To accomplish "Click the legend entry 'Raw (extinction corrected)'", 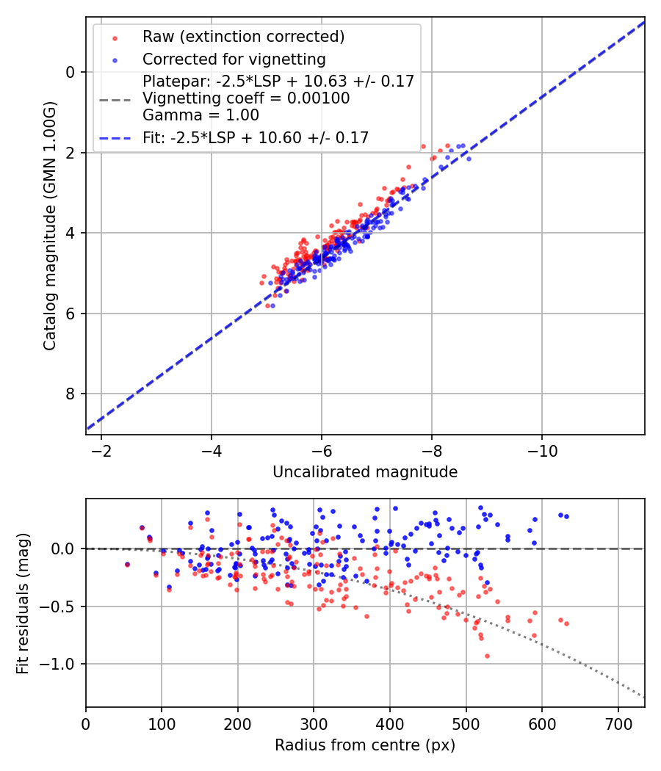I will click(243, 37).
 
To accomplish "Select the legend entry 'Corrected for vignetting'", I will click(234, 59).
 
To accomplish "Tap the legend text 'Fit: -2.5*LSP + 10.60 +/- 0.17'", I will click(256, 137).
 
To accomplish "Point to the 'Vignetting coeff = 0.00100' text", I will click(246, 98).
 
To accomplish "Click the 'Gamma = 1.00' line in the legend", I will click(201, 115).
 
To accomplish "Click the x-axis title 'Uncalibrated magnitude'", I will click(365, 472).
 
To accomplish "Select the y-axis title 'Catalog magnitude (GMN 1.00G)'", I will click(49, 226).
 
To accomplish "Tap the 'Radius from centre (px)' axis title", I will click(365, 745).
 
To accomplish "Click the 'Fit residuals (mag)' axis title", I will click(23, 603).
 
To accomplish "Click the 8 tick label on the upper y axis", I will click(71, 394).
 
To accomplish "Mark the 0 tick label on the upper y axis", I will click(71, 72).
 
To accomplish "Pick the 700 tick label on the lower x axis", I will click(618, 723).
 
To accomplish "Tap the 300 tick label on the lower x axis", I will click(314, 723).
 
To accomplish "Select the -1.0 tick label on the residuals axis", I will click(62, 665).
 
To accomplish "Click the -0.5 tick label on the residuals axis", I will click(62, 607).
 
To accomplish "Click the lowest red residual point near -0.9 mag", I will click(486, 656).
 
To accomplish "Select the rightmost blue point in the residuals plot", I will click(566, 516).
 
